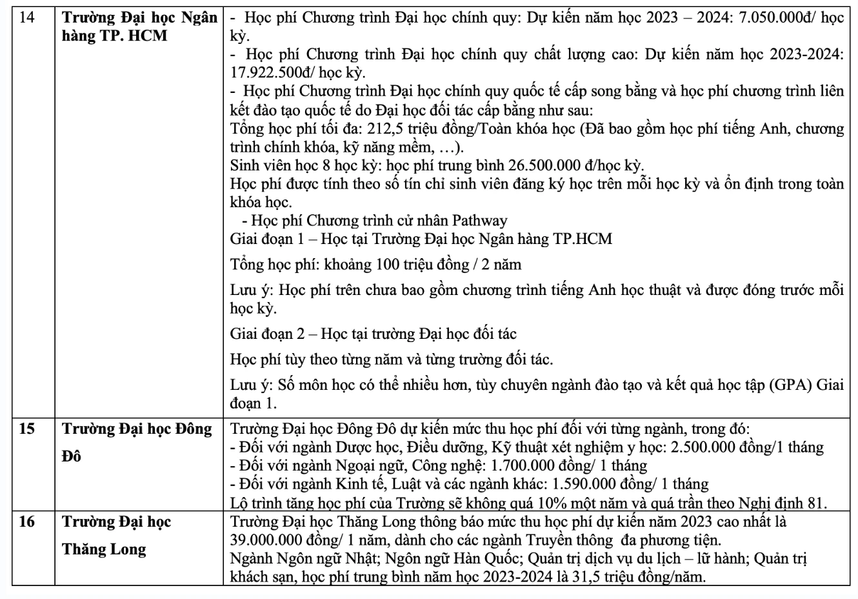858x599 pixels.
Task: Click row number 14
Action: (27, 18)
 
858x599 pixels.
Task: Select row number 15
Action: (27, 429)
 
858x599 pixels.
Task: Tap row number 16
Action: (27, 522)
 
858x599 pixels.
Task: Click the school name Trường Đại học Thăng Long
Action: (117, 535)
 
